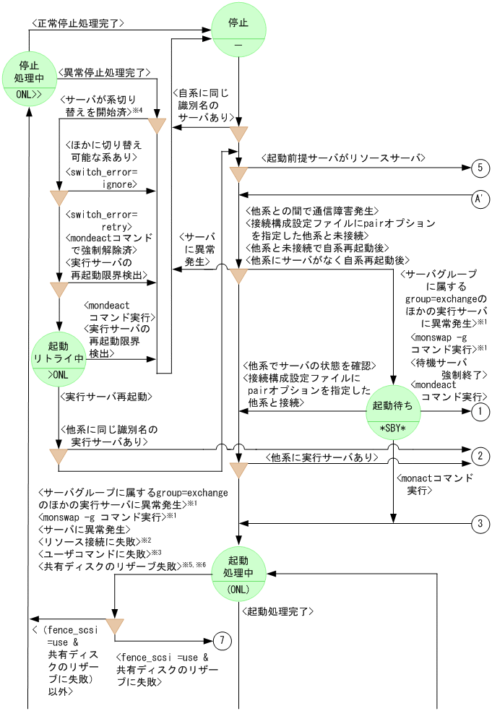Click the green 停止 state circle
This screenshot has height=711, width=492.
[239, 31]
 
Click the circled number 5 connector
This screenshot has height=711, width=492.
[480, 168]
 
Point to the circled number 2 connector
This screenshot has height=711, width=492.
[480, 456]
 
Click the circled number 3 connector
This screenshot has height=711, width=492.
[480, 523]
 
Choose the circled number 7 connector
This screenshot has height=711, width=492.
[223, 641]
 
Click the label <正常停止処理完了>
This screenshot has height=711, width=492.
[77, 23]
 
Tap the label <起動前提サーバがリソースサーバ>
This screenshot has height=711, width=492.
[342, 157]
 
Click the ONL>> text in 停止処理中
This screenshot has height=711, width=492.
[29, 94]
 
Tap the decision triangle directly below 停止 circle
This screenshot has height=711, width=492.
[238, 134]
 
